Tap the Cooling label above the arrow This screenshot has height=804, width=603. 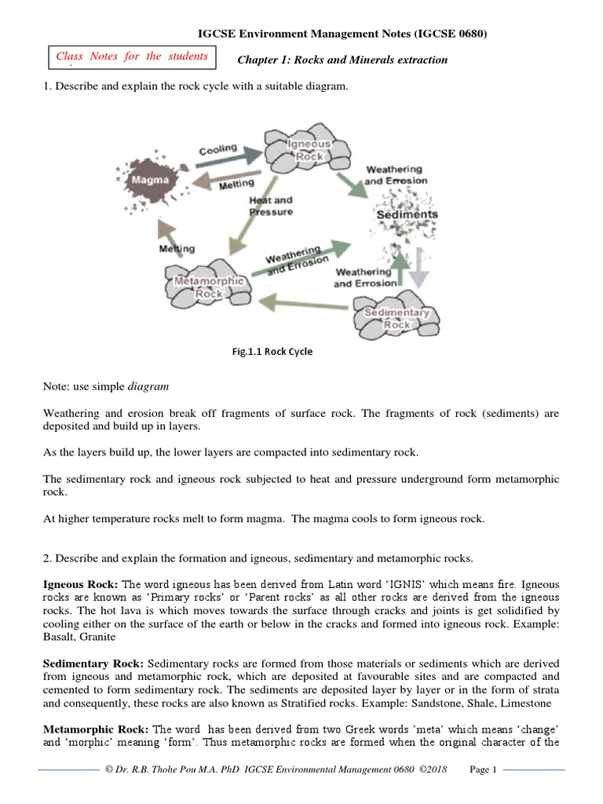coord(217,150)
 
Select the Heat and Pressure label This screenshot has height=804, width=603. coord(271,206)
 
